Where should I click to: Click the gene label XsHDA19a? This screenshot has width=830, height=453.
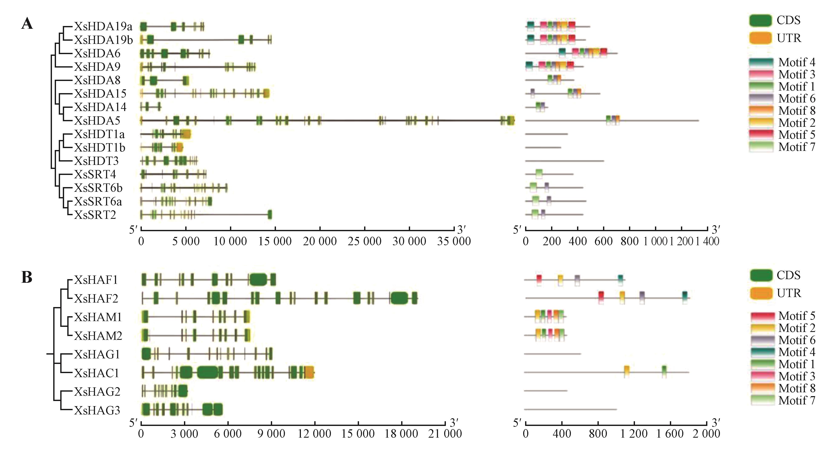point(103,26)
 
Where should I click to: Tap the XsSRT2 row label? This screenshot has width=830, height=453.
point(95,215)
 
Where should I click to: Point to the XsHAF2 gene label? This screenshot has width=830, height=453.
point(96,299)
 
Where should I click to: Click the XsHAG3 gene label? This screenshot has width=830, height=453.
point(97,410)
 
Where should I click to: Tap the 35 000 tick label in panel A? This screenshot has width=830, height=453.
point(454,241)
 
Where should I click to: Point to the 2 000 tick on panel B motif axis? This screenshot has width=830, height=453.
point(706,434)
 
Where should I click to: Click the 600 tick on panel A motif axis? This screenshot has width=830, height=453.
point(603,241)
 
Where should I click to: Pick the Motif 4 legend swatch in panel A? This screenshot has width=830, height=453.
point(761,62)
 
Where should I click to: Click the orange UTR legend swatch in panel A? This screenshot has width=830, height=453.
point(760,38)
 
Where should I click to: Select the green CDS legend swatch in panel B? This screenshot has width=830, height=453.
point(761,275)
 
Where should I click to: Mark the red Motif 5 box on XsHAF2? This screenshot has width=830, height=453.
point(601,297)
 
